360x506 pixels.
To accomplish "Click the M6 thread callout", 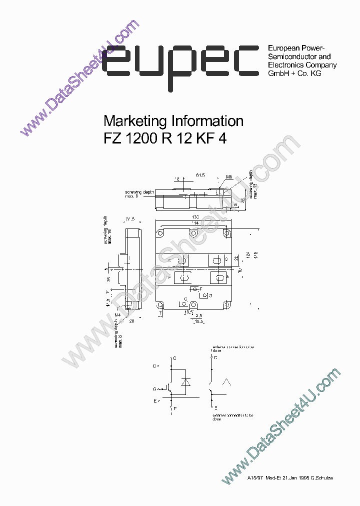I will (229, 176).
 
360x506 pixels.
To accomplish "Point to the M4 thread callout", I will (118, 314).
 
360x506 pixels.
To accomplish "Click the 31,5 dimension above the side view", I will (131, 219).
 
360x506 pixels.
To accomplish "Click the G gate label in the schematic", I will (155, 388).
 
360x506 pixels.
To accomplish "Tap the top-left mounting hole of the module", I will (160, 233).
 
